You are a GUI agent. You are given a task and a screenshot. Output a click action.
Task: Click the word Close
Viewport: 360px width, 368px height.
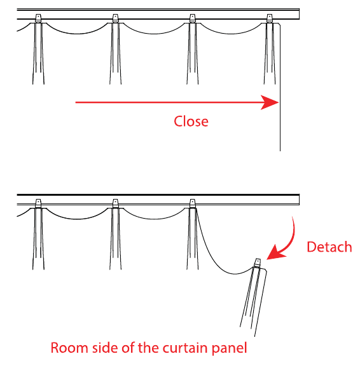191,121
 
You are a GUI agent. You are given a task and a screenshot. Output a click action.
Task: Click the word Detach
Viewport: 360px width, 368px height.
329,247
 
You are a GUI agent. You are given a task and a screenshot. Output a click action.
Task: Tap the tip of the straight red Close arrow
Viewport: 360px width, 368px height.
279,102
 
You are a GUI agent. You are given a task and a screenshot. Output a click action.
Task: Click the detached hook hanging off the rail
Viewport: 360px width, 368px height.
258,263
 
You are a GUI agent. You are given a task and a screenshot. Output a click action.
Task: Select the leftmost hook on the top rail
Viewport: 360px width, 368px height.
38,18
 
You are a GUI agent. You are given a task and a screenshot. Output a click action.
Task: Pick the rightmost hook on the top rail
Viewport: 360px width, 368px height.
270,18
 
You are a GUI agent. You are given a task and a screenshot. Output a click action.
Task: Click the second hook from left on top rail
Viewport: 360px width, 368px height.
115,18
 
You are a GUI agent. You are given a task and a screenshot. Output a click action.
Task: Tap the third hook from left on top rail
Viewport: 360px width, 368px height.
192,18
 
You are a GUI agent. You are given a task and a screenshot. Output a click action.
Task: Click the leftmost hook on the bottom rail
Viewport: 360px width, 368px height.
38,203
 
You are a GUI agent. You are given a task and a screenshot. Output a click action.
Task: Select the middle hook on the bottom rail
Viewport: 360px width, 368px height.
115,203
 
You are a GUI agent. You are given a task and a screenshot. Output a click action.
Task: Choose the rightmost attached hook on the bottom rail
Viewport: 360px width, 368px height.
192,203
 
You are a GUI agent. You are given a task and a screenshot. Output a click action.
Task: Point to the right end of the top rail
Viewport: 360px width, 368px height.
299,14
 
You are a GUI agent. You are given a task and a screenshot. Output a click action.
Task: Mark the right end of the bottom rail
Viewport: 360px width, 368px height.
299,200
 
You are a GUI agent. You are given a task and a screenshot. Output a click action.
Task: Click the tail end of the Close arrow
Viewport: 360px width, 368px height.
76,102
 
